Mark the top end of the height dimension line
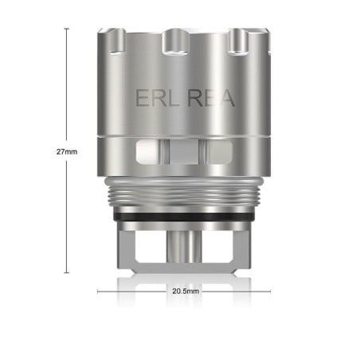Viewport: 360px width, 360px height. pyautogui.click(x=67, y=29)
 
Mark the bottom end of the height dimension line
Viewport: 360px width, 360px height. pyautogui.click(x=67, y=272)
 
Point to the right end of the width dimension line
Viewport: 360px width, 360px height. pyautogui.click(x=267, y=292)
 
